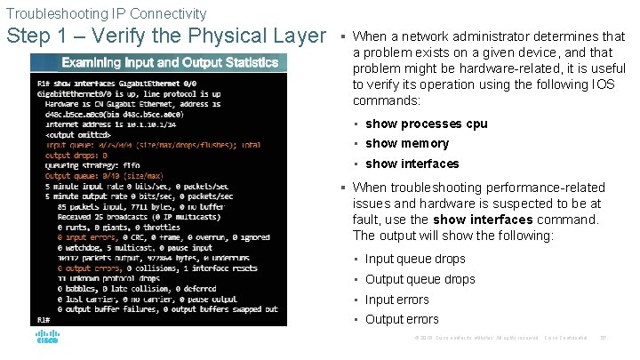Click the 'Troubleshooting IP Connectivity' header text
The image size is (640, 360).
106,13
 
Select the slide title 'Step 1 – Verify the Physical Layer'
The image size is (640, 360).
166,36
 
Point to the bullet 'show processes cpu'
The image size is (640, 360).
426,124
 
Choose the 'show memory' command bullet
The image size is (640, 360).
407,143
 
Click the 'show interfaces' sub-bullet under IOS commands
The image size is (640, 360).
412,164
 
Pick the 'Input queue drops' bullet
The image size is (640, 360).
415,259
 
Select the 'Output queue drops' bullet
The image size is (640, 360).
420,279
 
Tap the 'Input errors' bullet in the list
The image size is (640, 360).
396,300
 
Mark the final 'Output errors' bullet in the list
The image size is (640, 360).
402,319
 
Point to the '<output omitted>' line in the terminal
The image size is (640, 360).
73,135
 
